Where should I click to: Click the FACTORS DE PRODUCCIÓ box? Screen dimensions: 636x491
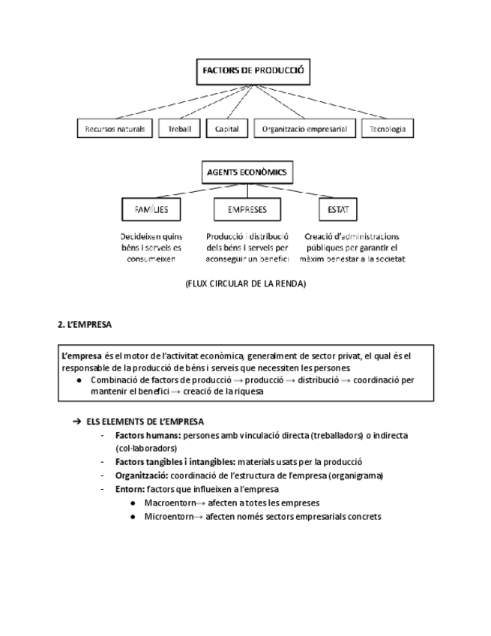pos(252,72)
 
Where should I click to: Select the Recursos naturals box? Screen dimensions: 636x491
pos(115,129)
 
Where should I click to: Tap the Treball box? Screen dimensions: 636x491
pos(179,129)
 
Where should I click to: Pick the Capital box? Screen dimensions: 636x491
pos(226,129)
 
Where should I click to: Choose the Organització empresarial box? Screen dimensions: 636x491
pos(304,129)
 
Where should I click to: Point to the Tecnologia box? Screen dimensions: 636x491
pos(387,129)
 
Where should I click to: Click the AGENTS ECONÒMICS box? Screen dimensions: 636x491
pos(246,172)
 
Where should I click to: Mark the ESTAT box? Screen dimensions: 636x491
pos(337,210)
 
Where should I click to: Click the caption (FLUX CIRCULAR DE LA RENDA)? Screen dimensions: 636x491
pos(245,284)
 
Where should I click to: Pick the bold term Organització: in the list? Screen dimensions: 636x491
pos(142,475)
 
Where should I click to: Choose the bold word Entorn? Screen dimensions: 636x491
pos(130,489)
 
